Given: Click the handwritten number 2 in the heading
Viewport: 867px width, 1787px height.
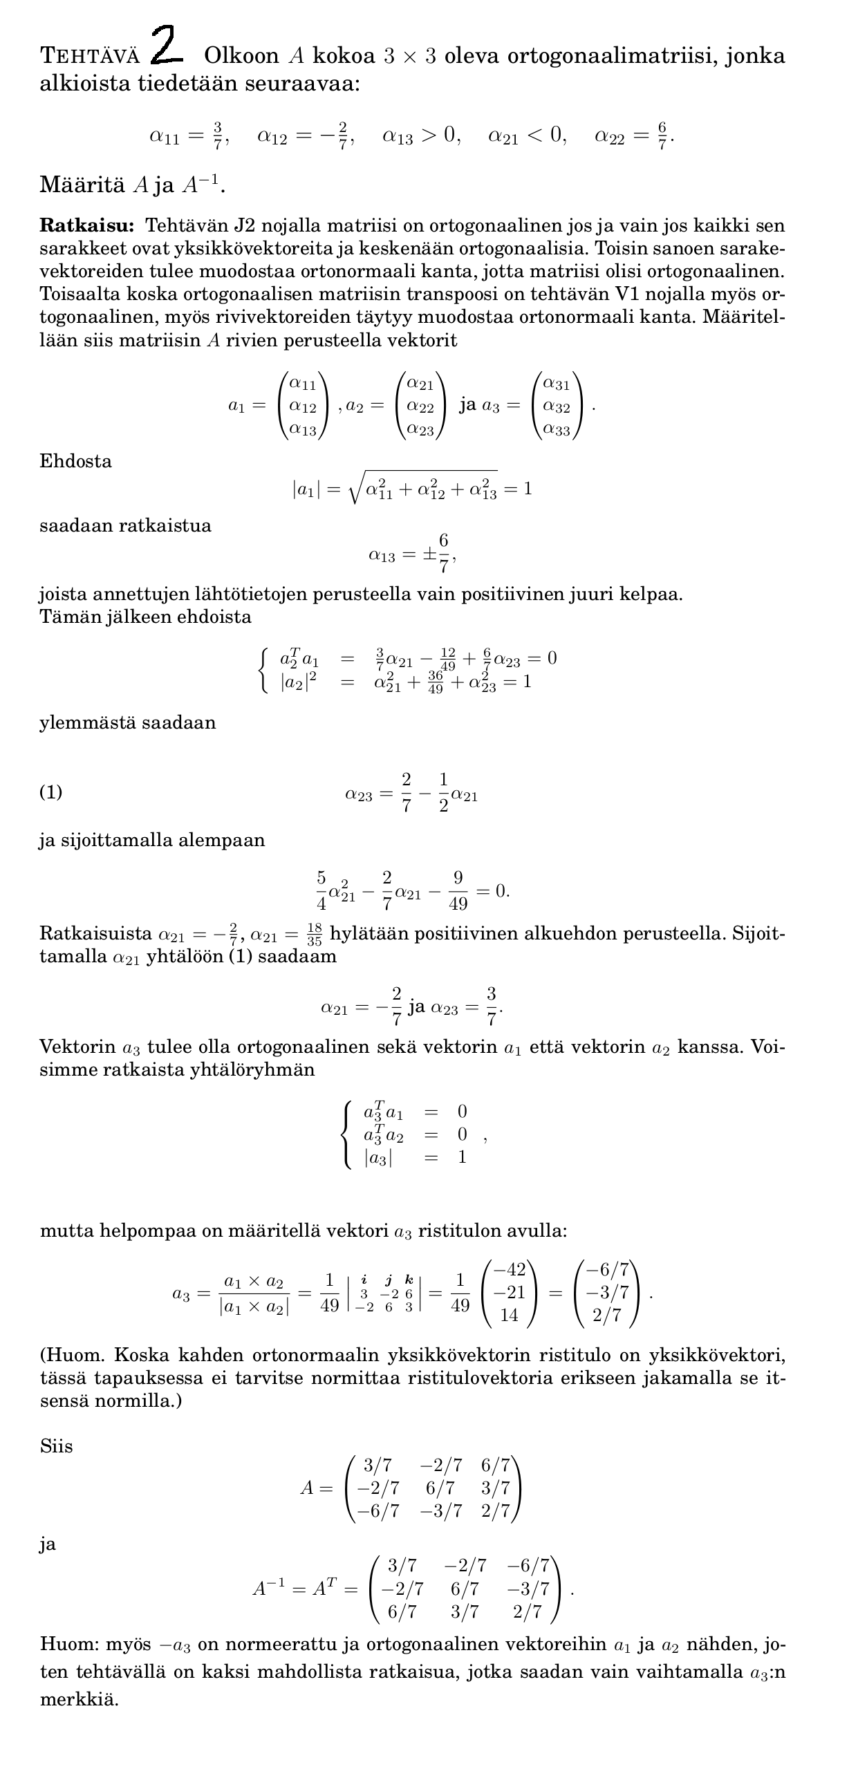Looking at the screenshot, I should click(x=167, y=46).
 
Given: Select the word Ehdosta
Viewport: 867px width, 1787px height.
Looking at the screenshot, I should click(x=75, y=461).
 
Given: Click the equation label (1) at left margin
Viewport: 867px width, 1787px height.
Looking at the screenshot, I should click(x=51, y=792).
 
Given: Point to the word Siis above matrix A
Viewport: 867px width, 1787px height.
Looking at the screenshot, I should click(x=56, y=1446).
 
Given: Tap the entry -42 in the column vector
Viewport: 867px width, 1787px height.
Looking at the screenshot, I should click(x=510, y=1269).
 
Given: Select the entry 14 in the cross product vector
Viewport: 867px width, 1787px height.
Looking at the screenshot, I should click(x=510, y=1316).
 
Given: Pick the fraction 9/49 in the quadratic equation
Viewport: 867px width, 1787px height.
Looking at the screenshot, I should click(x=458, y=890).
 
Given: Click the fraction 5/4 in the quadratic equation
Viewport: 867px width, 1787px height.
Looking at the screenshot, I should click(x=321, y=890).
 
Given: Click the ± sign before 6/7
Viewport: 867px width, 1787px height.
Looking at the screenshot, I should click(x=429, y=554).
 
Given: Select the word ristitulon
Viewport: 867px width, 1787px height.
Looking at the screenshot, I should click(x=451, y=1231).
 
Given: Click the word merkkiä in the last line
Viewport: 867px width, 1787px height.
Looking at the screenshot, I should click(x=79, y=1699).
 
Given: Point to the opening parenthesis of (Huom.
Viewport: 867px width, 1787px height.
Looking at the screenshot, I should click(x=43, y=1355).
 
